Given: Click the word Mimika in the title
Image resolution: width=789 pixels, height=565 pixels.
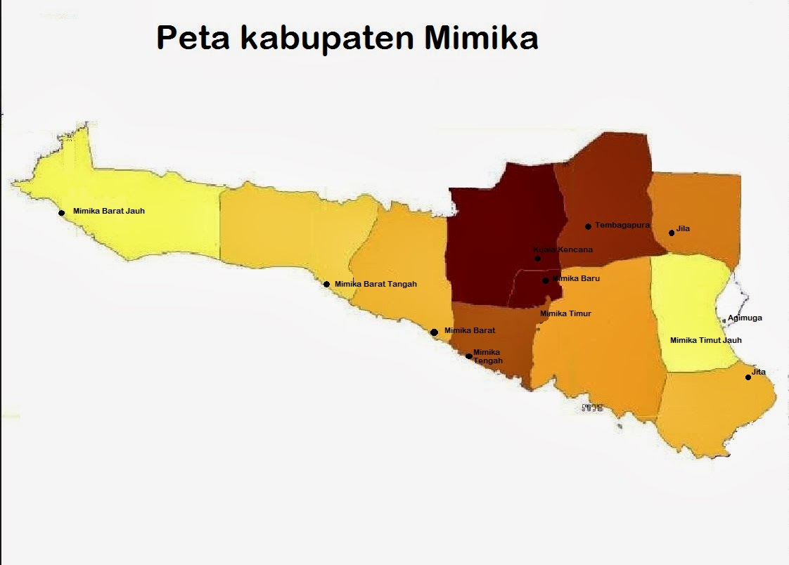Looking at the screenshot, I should pos(481,38).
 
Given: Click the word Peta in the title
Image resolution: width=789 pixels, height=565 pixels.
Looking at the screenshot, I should pos(193,38).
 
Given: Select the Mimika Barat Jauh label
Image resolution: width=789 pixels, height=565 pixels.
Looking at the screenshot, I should pos(109,211).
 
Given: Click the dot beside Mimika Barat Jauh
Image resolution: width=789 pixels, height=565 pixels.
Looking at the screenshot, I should pos(62,213).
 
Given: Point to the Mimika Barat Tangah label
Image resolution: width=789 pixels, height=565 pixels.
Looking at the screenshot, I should pos(376,284).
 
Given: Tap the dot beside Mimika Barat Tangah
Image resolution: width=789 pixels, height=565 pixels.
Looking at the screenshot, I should pos(326,285).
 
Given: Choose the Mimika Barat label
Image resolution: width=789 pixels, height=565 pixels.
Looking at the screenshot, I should pos(470,330).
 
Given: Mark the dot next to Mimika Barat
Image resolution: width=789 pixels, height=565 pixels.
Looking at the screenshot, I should pos(435,332).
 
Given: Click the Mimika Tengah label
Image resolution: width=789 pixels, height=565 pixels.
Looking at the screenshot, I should pos(487,356).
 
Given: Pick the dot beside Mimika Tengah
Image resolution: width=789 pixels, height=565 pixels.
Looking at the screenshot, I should pos(469,356).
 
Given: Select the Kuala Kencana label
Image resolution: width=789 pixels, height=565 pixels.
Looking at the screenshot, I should pos(563,249).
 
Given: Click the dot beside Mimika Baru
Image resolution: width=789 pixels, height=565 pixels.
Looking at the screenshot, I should pos(546,280).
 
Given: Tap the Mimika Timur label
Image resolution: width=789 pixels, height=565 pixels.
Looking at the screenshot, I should pos(565,313).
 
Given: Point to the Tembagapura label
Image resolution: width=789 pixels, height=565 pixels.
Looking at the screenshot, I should pos(622,225).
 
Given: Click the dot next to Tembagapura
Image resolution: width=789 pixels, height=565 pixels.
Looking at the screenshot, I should pos(588,226).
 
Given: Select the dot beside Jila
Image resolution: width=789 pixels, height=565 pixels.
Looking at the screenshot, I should pos(672,233).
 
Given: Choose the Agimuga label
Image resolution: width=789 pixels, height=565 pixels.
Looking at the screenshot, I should pos(745,318).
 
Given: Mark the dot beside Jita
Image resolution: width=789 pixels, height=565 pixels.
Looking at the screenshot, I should pos(748,377).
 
